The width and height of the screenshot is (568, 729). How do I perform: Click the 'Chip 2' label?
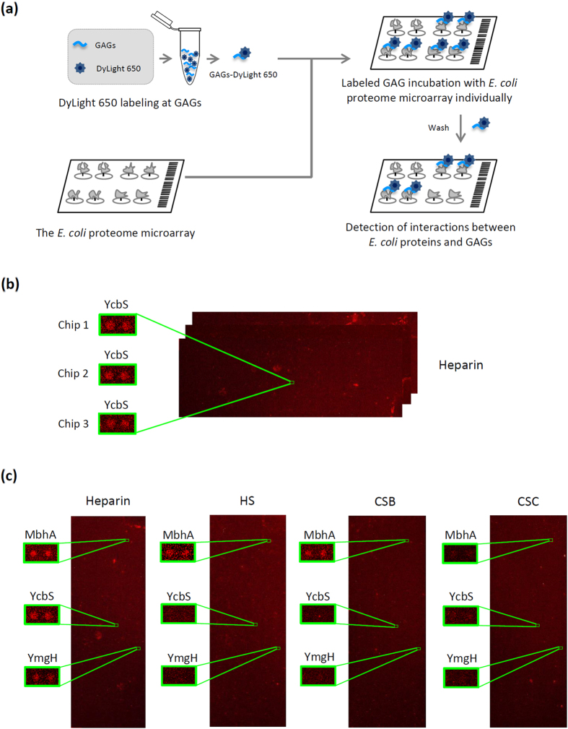73,374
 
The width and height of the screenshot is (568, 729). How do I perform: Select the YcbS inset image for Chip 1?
118,326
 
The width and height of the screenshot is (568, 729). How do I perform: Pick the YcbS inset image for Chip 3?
118,423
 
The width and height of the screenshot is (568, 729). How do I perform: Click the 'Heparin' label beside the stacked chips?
460,365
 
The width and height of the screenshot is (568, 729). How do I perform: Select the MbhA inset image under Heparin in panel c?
42,553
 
